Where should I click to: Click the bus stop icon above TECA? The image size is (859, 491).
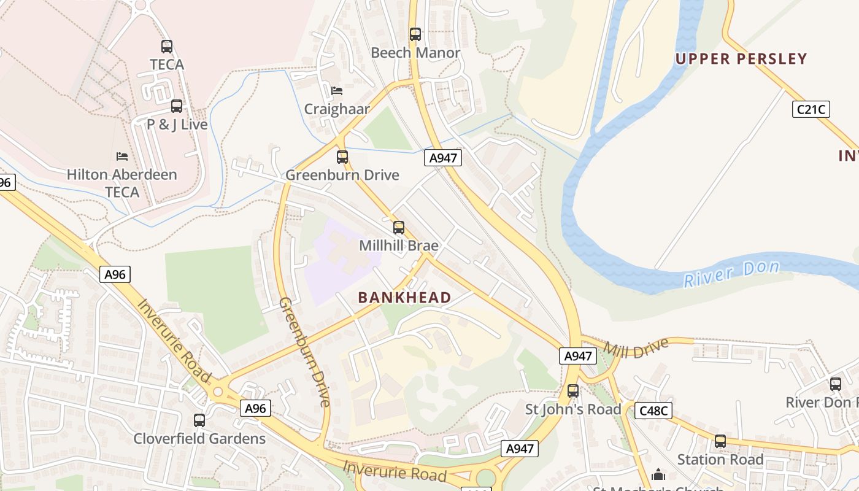(167, 46)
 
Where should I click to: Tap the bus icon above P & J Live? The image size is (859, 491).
(177, 106)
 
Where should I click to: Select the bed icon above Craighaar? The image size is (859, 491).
(337, 91)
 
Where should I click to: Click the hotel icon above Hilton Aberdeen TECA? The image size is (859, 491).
(122, 157)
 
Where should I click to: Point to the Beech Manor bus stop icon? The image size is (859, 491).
(415, 34)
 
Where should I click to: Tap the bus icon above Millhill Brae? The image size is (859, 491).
(399, 228)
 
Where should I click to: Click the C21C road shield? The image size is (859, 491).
(811, 110)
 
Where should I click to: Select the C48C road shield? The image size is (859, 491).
(653, 411)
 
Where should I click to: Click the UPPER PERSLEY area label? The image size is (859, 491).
(741, 59)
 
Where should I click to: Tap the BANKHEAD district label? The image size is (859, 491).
(404, 298)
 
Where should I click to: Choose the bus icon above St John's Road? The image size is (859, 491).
(573, 390)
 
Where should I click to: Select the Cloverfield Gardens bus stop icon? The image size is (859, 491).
(199, 420)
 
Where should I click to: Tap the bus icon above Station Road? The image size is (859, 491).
(720, 441)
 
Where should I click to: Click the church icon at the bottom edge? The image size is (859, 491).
(658, 474)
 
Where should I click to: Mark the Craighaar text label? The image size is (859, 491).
(337, 109)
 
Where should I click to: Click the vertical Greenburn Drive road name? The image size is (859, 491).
(305, 352)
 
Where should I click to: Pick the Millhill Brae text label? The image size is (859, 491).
(399, 246)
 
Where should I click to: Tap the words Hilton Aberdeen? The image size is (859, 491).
(121, 174)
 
